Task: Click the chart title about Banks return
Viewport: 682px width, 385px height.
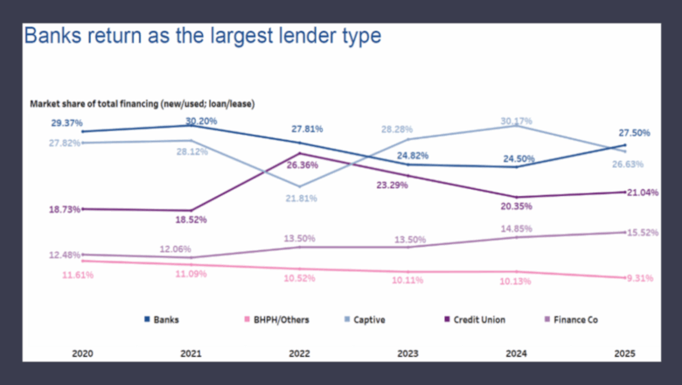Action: [202, 37]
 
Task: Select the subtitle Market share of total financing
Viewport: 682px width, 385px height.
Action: [142, 104]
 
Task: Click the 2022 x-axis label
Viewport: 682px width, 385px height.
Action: [299, 354]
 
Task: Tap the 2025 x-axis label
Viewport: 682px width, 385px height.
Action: [624, 354]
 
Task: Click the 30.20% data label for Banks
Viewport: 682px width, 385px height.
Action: [201, 121]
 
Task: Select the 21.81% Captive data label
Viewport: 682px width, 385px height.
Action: [302, 199]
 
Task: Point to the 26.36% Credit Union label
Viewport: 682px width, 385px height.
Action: [302, 164]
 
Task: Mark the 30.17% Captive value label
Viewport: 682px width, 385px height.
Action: [516, 121]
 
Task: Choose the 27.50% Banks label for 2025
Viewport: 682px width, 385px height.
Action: [633, 132]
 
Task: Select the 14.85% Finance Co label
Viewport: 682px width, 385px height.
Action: [518, 228]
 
